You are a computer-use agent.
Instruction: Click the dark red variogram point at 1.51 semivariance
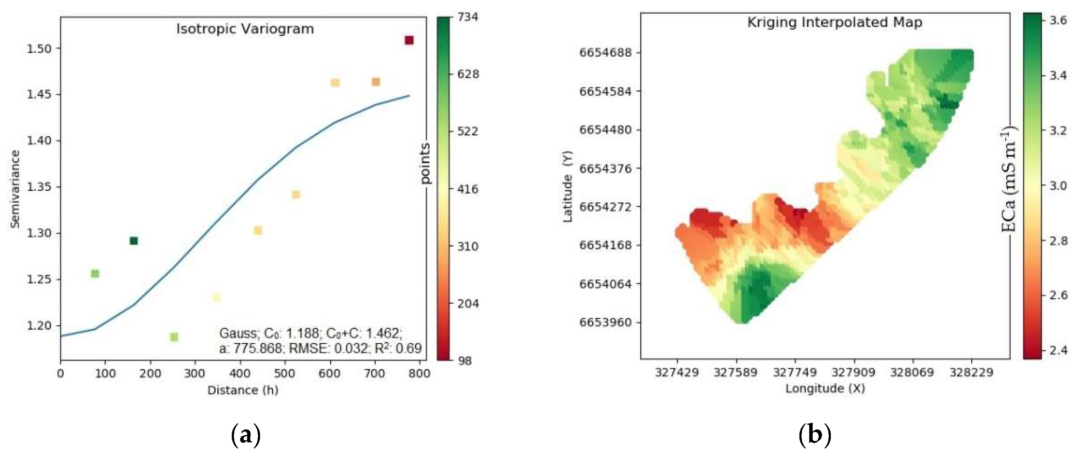409,40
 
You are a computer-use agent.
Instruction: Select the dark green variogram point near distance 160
133,241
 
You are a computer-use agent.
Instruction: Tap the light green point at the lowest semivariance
174,337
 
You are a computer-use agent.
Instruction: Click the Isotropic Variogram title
245,29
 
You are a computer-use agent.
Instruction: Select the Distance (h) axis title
243,390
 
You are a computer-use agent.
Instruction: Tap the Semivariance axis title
15,189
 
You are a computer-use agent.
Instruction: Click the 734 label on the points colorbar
468,17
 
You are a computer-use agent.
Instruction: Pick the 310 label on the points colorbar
468,246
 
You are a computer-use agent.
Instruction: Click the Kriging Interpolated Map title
834,22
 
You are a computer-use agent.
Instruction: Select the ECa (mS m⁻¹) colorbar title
1009,180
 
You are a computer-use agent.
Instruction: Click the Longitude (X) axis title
825,389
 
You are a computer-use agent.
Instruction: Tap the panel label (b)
814,436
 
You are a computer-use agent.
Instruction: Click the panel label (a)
246,436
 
